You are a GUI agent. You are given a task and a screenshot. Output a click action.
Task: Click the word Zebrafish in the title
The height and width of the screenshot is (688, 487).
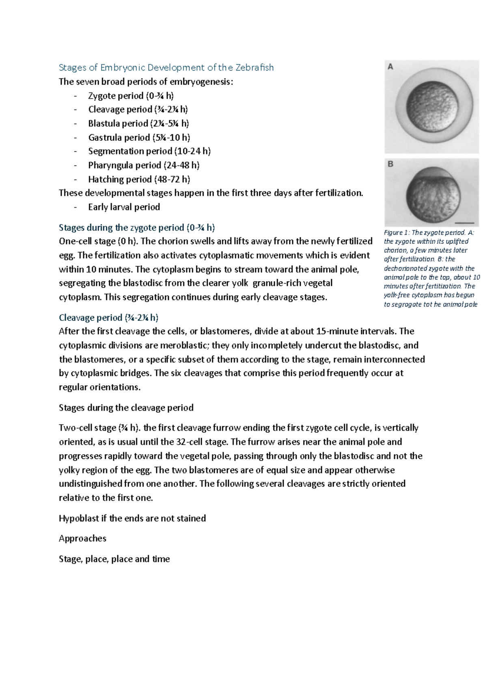(x=255, y=67)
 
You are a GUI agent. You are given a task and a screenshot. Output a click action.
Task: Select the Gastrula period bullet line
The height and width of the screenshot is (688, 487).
(x=139, y=138)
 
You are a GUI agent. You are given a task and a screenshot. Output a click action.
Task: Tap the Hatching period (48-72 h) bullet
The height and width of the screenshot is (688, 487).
(x=139, y=179)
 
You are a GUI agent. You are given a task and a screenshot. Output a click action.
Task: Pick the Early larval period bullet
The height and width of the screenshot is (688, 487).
(x=124, y=207)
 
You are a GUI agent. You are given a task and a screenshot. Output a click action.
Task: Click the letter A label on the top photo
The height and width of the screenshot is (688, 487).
(x=390, y=67)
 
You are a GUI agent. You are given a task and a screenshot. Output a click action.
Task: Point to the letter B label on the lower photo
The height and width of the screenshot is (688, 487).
(x=390, y=164)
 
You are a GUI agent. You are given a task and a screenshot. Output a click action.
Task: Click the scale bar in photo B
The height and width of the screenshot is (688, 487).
(x=464, y=223)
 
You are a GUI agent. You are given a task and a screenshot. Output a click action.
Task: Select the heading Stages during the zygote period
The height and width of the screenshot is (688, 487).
(x=137, y=227)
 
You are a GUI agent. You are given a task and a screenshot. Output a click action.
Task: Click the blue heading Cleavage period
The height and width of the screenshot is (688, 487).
(x=108, y=318)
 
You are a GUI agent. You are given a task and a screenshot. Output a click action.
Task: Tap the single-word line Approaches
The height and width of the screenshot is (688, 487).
(x=82, y=539)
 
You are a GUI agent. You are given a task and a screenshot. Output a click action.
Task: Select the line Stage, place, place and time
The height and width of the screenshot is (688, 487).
(x=114, y=559)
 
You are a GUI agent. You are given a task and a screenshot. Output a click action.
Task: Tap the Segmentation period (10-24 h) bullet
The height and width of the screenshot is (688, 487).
(x=149, y=151)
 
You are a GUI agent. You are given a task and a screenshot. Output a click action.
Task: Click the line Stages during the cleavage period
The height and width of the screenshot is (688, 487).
(x=126, y=408)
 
